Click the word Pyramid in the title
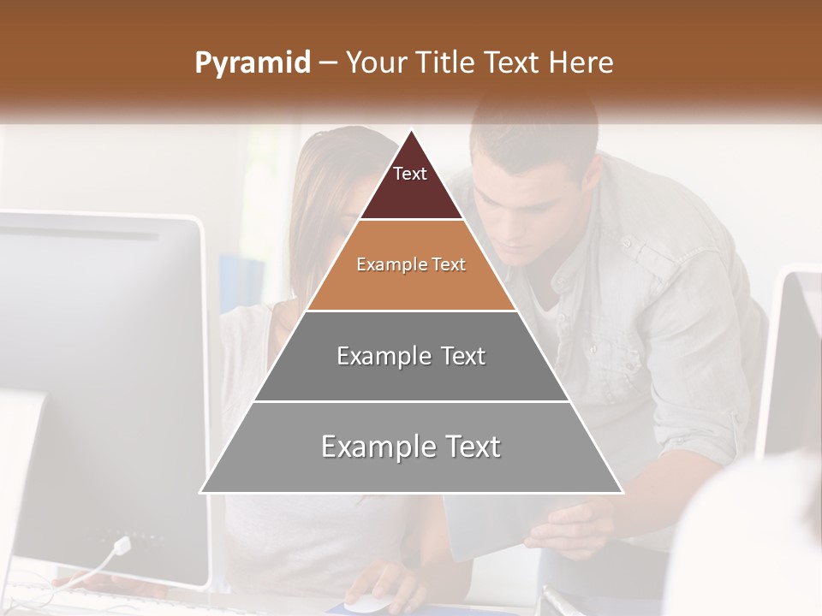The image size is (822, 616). [252, 63]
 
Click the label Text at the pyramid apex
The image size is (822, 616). [409, 174]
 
